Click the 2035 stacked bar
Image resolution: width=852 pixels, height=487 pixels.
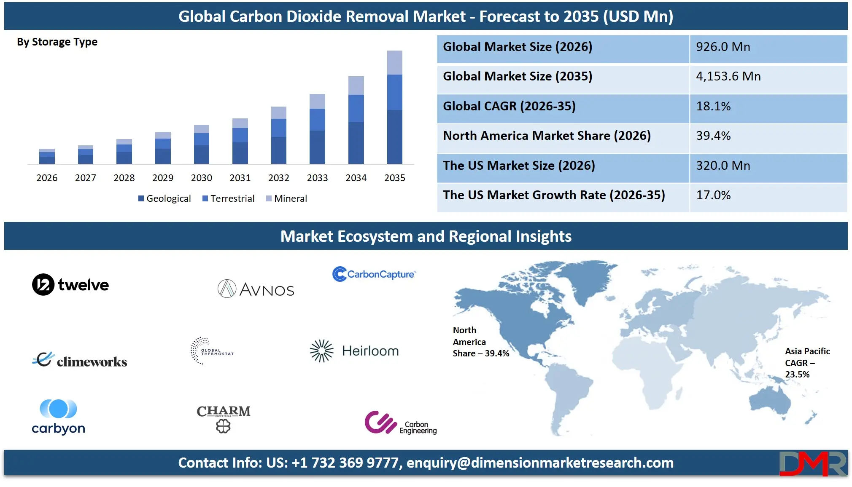[394, 107]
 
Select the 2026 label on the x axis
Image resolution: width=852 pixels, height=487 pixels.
[47, 178]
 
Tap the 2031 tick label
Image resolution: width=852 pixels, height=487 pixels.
[240, 178]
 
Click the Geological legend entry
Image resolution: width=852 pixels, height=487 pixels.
[164, 198]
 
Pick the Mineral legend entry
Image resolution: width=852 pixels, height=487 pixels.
[286, 198]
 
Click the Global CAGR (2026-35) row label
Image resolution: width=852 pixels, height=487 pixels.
[509, 106]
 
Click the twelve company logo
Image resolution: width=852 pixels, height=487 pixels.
[70, 285]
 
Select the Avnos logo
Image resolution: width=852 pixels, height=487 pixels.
[256, 289]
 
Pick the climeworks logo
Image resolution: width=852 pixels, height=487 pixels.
[80, 360]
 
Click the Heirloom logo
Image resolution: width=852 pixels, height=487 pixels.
[354, 351]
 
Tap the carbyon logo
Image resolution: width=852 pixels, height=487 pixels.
[59, 417]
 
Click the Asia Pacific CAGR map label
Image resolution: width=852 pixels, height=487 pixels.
[807, 363]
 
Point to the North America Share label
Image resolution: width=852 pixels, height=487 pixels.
[481, 342]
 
